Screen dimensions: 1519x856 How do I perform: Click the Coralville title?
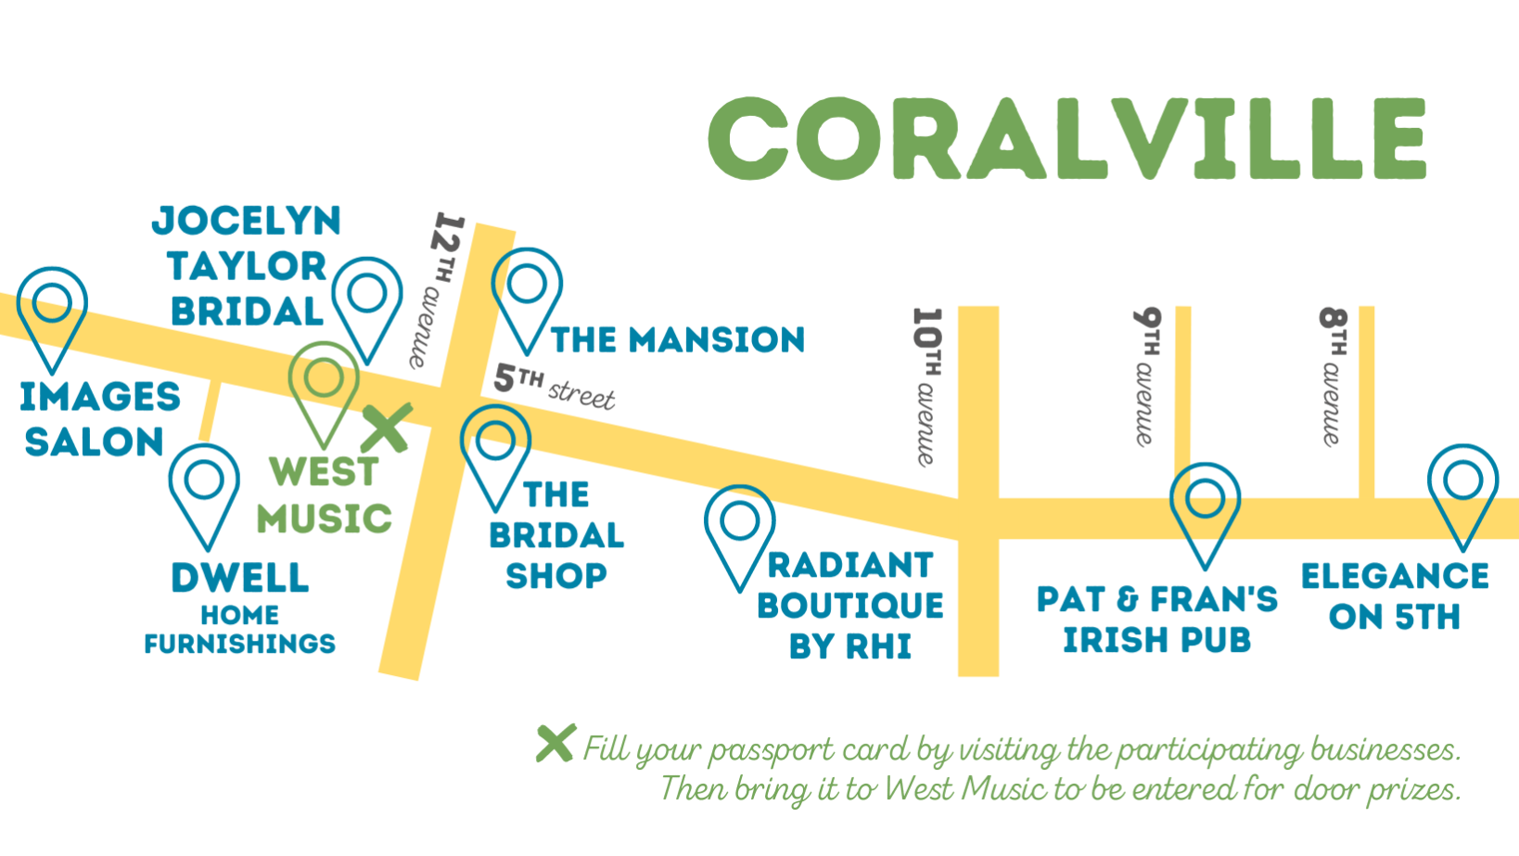pos(1067,138)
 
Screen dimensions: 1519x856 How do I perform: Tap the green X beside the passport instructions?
pos(556,743)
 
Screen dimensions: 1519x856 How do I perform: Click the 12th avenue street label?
pos(437,290)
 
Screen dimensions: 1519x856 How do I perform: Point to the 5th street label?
pos(555,387)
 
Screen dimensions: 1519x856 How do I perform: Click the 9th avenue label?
pos(1147,377)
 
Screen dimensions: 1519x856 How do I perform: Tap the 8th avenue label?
pos(1333,377)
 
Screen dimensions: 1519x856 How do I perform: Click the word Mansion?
pos(717,339)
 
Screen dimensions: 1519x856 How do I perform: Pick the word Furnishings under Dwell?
pos(240,643)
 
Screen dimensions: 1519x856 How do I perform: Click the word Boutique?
pos(850,605)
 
